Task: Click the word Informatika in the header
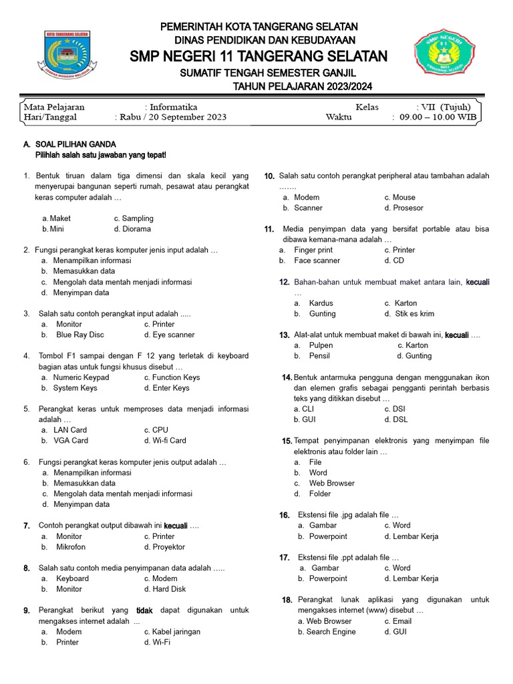173,107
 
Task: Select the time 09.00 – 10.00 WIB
438,117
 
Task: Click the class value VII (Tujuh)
444,107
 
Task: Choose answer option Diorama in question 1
136,229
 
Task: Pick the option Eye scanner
173,335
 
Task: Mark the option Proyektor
168,547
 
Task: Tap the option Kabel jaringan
176,632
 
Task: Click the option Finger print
313,250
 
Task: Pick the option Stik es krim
413,314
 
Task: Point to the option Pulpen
321,345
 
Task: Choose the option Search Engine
331,632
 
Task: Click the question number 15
287,441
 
